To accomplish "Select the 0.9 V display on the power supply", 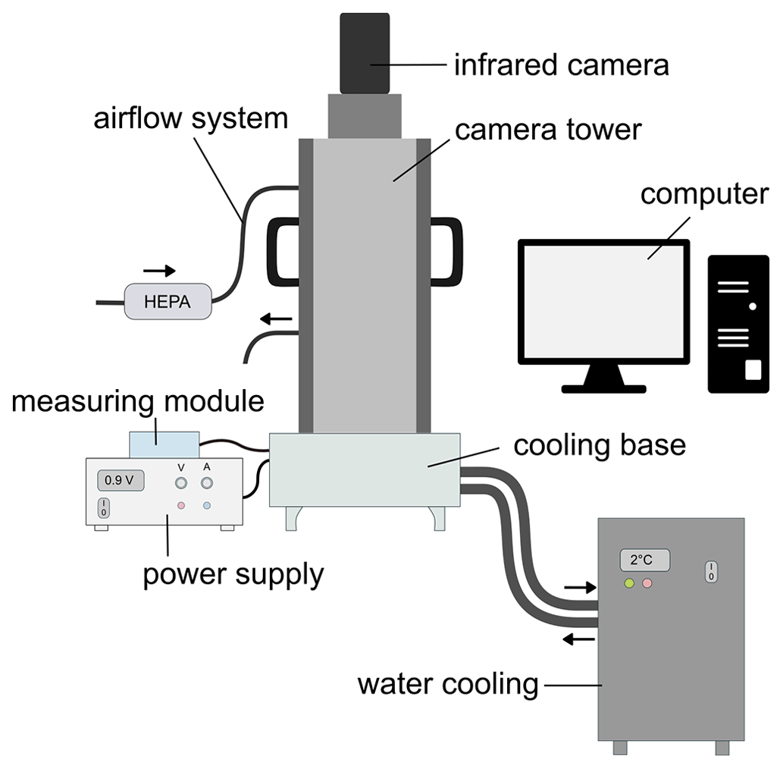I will tap(120, 480).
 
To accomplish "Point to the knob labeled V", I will tap(181, 482).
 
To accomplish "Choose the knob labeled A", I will tap(207, 482).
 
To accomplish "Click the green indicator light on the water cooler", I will tap(628, 583).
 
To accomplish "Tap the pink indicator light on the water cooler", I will tap(647, 583).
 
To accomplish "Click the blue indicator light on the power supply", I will tap(207, 505).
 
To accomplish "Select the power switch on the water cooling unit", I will tap(710, 571).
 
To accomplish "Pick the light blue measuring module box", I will tap(164, 444).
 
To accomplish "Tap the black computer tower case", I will tap(738, 324).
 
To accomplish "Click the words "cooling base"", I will tap(599, 445).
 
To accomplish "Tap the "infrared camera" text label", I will tap(561, 65).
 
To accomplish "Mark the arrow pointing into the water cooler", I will tap(581, 587).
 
